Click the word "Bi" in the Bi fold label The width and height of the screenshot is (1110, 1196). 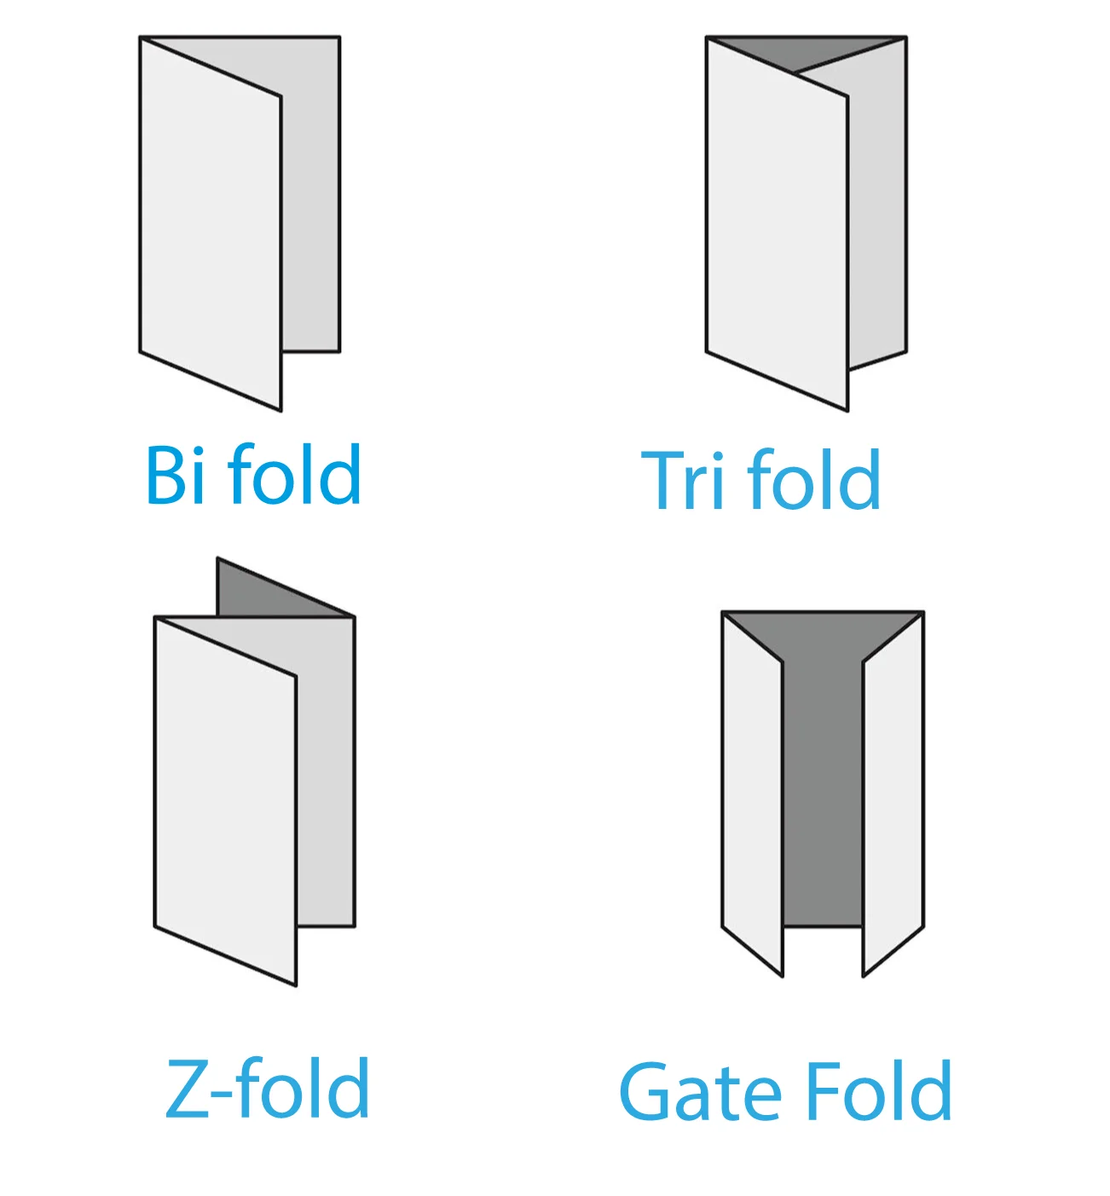pos(176,474)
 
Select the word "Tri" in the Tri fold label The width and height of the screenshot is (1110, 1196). pos(682,480)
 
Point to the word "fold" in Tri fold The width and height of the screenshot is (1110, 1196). pos(813,479)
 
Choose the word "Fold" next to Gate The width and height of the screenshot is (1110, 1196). pos(878,1090)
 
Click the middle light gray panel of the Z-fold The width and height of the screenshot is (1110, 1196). pos(326,783)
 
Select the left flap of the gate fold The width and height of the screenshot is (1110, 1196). pos(753,795)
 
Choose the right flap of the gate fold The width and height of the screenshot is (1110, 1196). pos(893,795)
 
